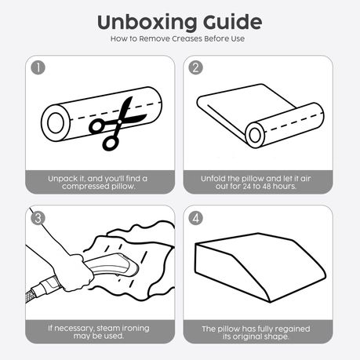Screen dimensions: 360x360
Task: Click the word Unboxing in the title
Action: point(147,23)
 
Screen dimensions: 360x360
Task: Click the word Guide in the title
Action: point(232,22)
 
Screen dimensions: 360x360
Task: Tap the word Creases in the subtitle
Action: point(187,38)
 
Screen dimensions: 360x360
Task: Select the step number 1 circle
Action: point(38,67)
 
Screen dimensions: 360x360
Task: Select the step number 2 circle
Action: point(195,67)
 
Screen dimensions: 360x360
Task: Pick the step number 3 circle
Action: point(38,218)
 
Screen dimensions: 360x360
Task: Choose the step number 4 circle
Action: point(195,218)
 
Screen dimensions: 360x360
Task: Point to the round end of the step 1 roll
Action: point(56,123)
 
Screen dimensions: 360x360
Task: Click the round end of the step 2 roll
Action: point(255,135)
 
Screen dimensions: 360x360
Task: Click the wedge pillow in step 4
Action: point(260,267)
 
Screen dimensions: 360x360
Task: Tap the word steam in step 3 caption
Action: point(108,328)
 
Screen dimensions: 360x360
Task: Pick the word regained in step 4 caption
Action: point(293,329)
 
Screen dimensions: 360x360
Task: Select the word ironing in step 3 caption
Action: point(136,329)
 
